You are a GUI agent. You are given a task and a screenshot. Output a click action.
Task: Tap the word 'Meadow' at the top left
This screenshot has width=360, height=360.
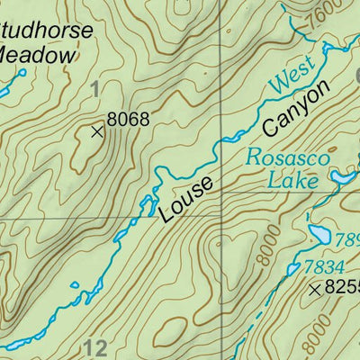(x=36, y=56)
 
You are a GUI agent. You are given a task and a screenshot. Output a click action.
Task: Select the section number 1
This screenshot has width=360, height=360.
(x=95, y=87)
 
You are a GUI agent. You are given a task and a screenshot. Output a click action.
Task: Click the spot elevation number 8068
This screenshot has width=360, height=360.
(x=127, y=118)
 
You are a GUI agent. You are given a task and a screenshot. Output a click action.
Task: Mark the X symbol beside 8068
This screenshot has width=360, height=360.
(x=97, y=131)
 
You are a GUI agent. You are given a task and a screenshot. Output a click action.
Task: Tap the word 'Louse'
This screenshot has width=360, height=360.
(x=187, y=200)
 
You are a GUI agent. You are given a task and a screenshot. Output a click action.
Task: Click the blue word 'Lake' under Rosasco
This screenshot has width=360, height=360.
(x=292, y=180)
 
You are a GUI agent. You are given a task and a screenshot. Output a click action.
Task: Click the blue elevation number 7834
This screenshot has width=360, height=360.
(x=323, y=265)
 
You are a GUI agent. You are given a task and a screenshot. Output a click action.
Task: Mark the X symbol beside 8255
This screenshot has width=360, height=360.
(x=315, y=290)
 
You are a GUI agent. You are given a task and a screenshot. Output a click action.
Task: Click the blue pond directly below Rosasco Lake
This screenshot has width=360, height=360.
(x=319, y=236)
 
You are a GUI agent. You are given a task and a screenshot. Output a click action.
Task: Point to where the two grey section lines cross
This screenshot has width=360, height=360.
(x=222, y=217)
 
